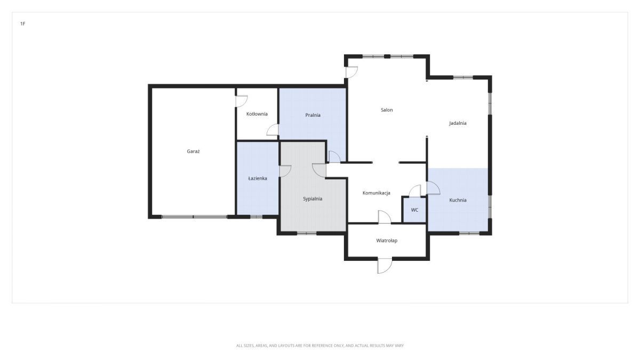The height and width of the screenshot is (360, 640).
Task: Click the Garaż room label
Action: [x=193, y=151]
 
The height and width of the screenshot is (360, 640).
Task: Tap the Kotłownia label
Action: [x=257, y=114]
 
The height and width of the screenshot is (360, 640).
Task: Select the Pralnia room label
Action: [x=313, y=115]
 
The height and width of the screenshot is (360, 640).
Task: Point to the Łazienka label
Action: [x=258, y=178]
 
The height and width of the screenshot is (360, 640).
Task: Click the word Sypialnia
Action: [x=313, y=199]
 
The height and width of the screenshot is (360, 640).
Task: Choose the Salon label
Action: [x=387, y=110]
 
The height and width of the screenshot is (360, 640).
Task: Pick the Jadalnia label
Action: [x=458, y=123]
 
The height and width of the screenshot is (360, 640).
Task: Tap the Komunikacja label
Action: [x=377, y=193]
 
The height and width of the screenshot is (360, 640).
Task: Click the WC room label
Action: [x=414, y=210]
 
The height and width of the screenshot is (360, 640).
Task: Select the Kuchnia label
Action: [x=458, y=200]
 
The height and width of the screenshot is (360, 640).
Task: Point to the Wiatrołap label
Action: [x=387, y=241]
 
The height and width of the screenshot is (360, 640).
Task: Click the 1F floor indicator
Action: [x=22, y=23]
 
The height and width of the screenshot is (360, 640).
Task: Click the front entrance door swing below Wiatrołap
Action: [x=385, y=266]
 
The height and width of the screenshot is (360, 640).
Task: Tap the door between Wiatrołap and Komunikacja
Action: [x=385, y=217]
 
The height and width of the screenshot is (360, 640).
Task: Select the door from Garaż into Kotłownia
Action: [x=242, y=101]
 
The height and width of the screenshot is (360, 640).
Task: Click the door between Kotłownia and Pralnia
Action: [x=273, y=130]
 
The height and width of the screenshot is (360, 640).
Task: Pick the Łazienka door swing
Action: [x=285, y=171]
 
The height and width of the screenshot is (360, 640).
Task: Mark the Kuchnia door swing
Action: [x=433, y=188]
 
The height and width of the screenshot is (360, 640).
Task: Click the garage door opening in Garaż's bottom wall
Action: [x=195, y=217]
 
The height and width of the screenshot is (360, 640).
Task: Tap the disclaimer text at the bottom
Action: [x=319, y=346]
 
